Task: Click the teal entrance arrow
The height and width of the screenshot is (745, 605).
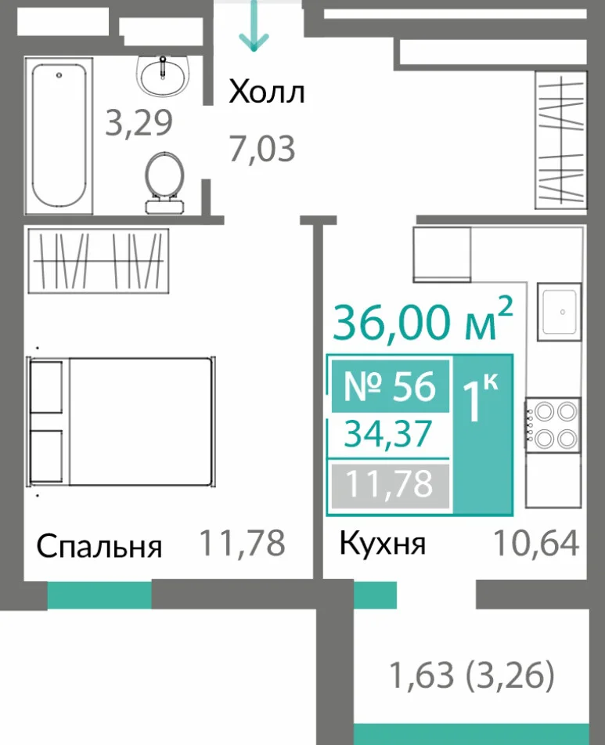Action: click(x=254, y=26)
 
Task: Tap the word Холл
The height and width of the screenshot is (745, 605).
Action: click(x=267, y=92)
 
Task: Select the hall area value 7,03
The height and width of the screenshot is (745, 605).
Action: click(x=262, y=149)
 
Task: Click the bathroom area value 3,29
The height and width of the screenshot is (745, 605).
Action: click(x=139, y=122)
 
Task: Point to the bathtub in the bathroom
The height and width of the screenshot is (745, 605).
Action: click(x=59, y=136)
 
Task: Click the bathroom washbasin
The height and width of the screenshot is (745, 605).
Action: click(x=164, y=76)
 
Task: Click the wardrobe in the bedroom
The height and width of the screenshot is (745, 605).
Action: click(x=98, y=260)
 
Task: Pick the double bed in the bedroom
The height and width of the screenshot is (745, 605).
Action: click(x=121, y=421)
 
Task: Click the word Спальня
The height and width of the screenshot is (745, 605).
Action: click(x=99, y=546)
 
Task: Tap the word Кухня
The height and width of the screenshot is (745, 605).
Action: click(x=383, y=544)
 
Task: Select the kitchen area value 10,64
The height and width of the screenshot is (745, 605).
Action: click(x=536, y=543)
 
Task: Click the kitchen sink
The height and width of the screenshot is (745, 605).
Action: click(x=559, y=312)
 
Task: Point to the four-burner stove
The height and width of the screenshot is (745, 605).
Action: click(x=553, y=425)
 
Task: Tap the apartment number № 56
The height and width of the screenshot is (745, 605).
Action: click(x=390, y=386)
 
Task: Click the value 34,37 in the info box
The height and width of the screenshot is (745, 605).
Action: click(x=388, y=434)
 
